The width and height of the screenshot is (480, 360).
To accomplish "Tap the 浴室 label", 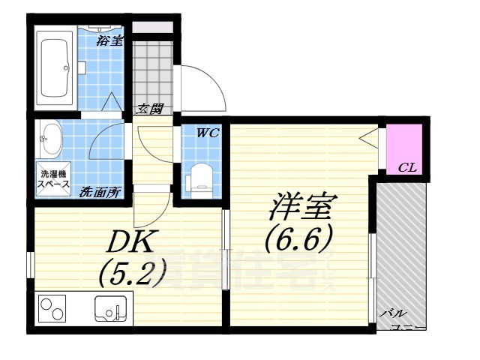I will pyautogui.click(x=109, y=40).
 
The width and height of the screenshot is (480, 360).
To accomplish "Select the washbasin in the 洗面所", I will pyautogui.click(x=51, y=137).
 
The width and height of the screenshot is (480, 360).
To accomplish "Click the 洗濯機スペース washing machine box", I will pyautogui.click(x=53, y=178).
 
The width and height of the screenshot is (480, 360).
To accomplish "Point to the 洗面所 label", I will pyautogui.click(x=100, y=192).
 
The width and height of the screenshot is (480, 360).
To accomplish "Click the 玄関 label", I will pyautogui.click(x=148, y=109).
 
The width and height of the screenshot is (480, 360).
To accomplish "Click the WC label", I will pyautogui.click(x=207, y=134).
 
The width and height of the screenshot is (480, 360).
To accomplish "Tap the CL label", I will pyautogui.click(x=407, y=167).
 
